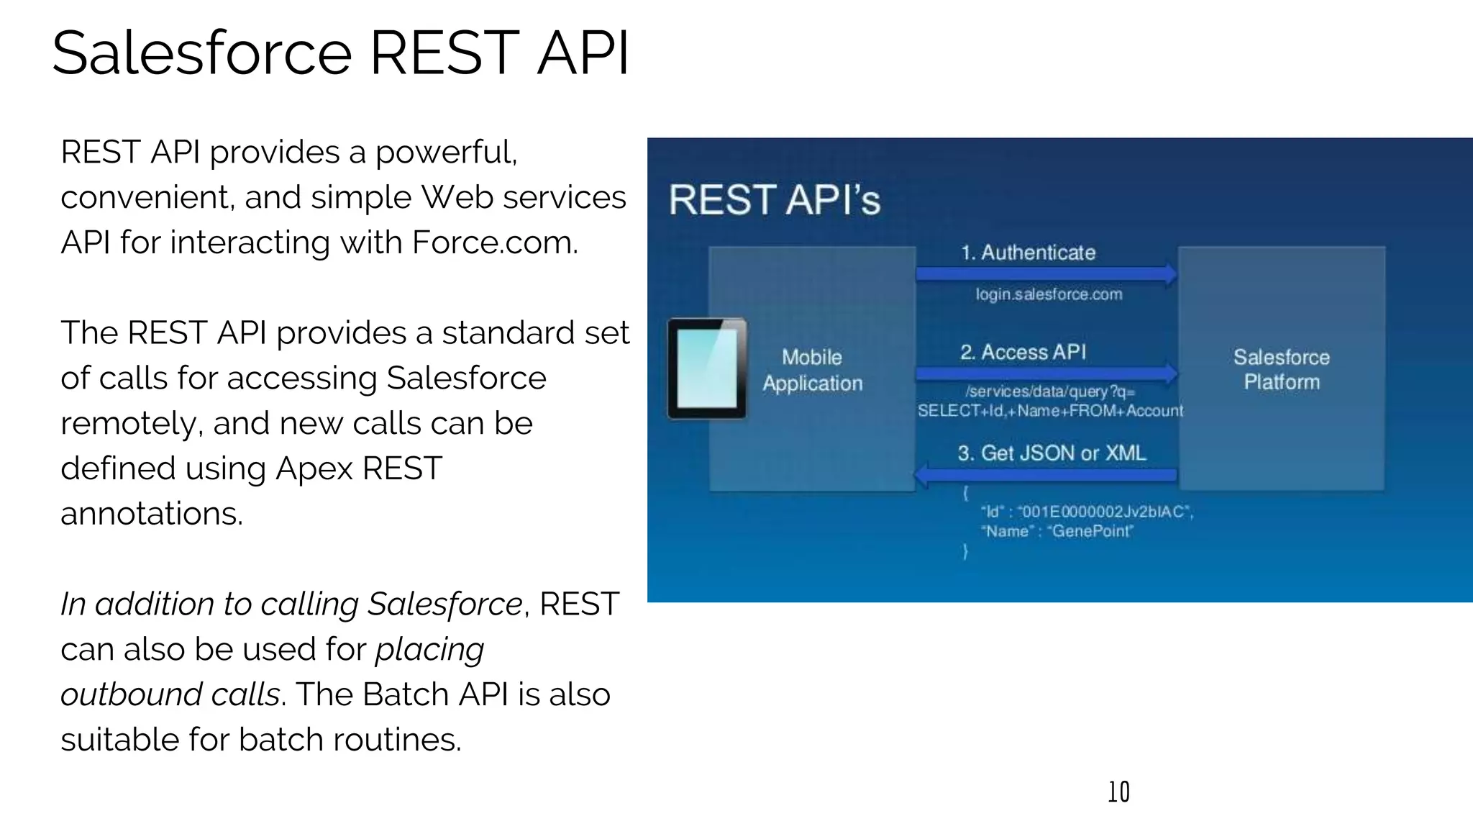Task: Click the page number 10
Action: [x=1118, y=792]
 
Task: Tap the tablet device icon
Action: [x=707, y=368]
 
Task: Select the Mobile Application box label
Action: [x=812, y=370]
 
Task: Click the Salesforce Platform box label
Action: [x=1281, y=369]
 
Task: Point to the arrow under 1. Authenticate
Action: [x=1046, y=273]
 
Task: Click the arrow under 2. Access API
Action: [x=1046, y=373]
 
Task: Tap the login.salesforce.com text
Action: [x=1049, y=294]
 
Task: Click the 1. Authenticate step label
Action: [x=1029, y=253]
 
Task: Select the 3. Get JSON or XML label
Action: [x=1052, y=453]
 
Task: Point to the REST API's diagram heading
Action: [x=775, y=200]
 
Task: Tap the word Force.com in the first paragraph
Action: [x=494, y=243]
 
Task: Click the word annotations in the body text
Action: [x=152, y=514]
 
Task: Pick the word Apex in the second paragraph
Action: [x=314, y=468]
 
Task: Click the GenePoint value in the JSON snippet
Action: [x=1091, y=531]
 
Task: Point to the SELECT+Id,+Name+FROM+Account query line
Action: [x=1050, y=411]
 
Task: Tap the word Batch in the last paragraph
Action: [x=406, y=694]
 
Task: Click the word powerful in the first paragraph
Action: [x=445, y=153]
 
